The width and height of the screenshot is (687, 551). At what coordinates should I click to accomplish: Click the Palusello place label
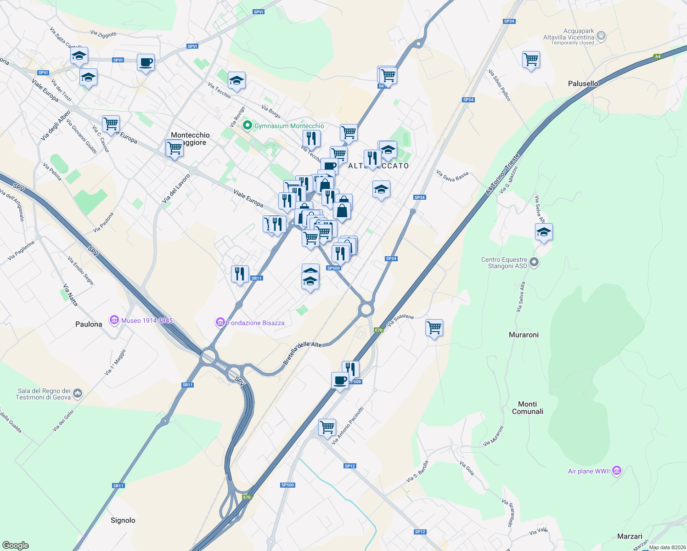(x=583, y=84)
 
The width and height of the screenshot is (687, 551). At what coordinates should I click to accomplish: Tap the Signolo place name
(x=123, y=520)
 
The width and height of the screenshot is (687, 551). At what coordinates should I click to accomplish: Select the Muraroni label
(x=524, y=335)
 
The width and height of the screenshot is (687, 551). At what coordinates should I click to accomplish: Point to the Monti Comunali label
(x=527, y=408)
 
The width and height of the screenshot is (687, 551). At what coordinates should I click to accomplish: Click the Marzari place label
(x=630, y=536)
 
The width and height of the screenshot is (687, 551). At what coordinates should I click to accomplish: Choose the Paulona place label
(x=89, y=324)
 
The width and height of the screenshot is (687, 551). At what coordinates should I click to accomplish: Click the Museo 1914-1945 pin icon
(x=114, y=320)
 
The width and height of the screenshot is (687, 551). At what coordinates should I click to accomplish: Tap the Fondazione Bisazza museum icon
(x=220, y=323)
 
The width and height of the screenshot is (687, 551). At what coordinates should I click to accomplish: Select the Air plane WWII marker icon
(x=617, y=471)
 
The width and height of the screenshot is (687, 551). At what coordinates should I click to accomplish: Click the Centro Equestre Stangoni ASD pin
(x=534, y=263)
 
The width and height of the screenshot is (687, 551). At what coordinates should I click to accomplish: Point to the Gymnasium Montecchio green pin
(x=248, y=125)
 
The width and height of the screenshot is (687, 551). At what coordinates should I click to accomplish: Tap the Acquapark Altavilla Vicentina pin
(x=601, y=35)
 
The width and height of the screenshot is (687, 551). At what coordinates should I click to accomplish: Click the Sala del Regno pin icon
(x=77, y=394)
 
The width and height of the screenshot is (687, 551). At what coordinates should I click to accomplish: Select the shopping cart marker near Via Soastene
(x=434, y=328)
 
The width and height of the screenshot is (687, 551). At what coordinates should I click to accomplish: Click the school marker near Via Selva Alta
(x=544, y=232)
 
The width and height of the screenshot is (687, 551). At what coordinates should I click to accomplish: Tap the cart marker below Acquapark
(x=531, y=59)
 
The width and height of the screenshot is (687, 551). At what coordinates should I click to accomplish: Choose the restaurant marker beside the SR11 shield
(x=240, y=274)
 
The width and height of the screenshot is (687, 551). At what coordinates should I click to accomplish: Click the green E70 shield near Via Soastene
(x=378, y=330)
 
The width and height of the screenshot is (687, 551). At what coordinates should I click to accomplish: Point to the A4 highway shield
(x=658, y=56)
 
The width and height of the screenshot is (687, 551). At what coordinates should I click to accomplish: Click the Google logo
(x=16, y=545)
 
